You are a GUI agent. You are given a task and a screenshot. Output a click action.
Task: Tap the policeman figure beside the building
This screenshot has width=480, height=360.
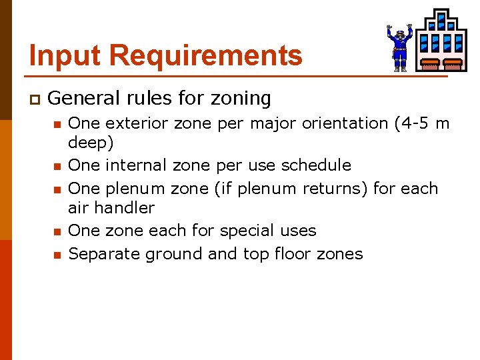coord(399,47)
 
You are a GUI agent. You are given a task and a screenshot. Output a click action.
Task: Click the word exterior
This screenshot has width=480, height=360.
coord(136,123)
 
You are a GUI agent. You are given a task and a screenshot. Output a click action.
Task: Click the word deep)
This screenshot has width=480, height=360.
coord(91,143)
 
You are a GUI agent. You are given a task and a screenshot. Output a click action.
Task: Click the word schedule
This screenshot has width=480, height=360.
coord(316,165)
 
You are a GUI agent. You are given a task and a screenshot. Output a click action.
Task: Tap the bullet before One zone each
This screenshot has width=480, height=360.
coord(58,232)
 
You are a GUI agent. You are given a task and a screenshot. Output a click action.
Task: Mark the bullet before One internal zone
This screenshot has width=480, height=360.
coord(58,166)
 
